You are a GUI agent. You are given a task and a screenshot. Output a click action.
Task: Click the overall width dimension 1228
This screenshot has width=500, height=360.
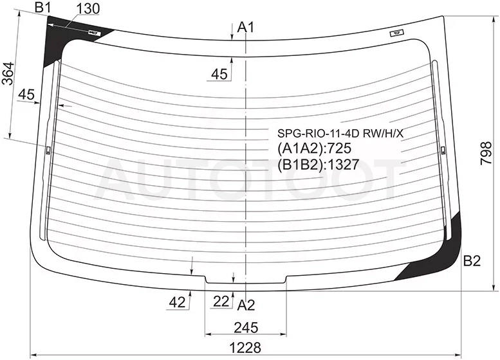[245, 348]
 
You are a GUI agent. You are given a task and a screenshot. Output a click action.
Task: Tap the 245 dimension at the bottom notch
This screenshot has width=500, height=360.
[246, 327]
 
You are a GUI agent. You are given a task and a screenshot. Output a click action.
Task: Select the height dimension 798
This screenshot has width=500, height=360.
[486, 153]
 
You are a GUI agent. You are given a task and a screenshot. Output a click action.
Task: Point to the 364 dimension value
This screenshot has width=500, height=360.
[8, 73]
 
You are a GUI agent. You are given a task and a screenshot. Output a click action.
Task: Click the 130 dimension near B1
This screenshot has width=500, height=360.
[88, 8]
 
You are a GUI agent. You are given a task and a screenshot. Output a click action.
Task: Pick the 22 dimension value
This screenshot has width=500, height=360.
[221, 301]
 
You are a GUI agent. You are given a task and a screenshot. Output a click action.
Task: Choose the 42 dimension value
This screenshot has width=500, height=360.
[178, 302]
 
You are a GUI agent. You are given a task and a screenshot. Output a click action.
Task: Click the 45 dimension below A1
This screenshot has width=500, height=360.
[219, 74]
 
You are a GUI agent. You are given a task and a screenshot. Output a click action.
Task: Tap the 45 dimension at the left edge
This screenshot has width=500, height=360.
[26, 94]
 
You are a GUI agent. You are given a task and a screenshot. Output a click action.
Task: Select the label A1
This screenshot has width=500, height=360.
[246, 28]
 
